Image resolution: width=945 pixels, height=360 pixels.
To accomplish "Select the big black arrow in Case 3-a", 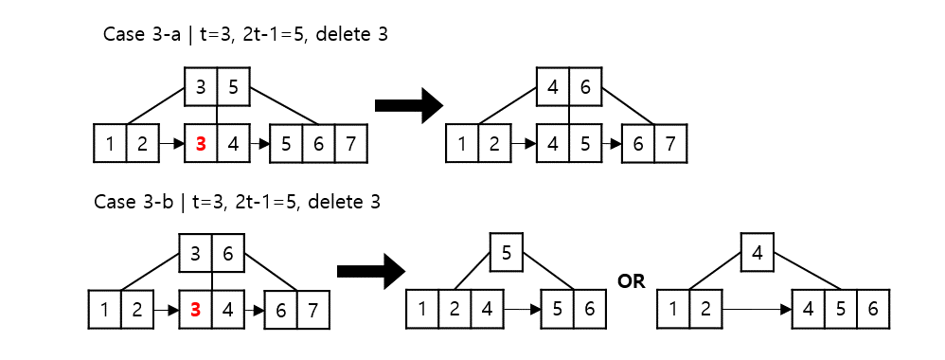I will [x=409, y=104].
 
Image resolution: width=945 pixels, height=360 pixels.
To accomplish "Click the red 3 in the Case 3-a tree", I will [x=200, y=145].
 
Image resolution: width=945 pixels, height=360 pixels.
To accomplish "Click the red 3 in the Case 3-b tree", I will [x=196, y=310].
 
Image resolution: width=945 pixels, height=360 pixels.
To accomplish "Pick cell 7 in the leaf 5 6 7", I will [x=349, y=145].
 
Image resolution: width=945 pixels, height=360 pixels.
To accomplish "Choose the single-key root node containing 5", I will [x=506, y=253].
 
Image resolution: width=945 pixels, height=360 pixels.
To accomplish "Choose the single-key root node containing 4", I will [x=757, y=253].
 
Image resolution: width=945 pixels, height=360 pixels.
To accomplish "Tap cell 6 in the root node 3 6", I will [x=228, y=254].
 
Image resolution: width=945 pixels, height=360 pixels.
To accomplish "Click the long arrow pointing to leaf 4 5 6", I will [x=758, y=309].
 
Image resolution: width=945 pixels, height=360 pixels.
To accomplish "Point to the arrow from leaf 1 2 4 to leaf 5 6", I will [x=523, y=309].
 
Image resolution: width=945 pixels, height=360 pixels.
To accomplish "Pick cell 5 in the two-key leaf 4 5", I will [x=586, y=145].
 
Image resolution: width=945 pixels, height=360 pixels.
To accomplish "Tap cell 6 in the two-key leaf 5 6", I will [x=588, y=309].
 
